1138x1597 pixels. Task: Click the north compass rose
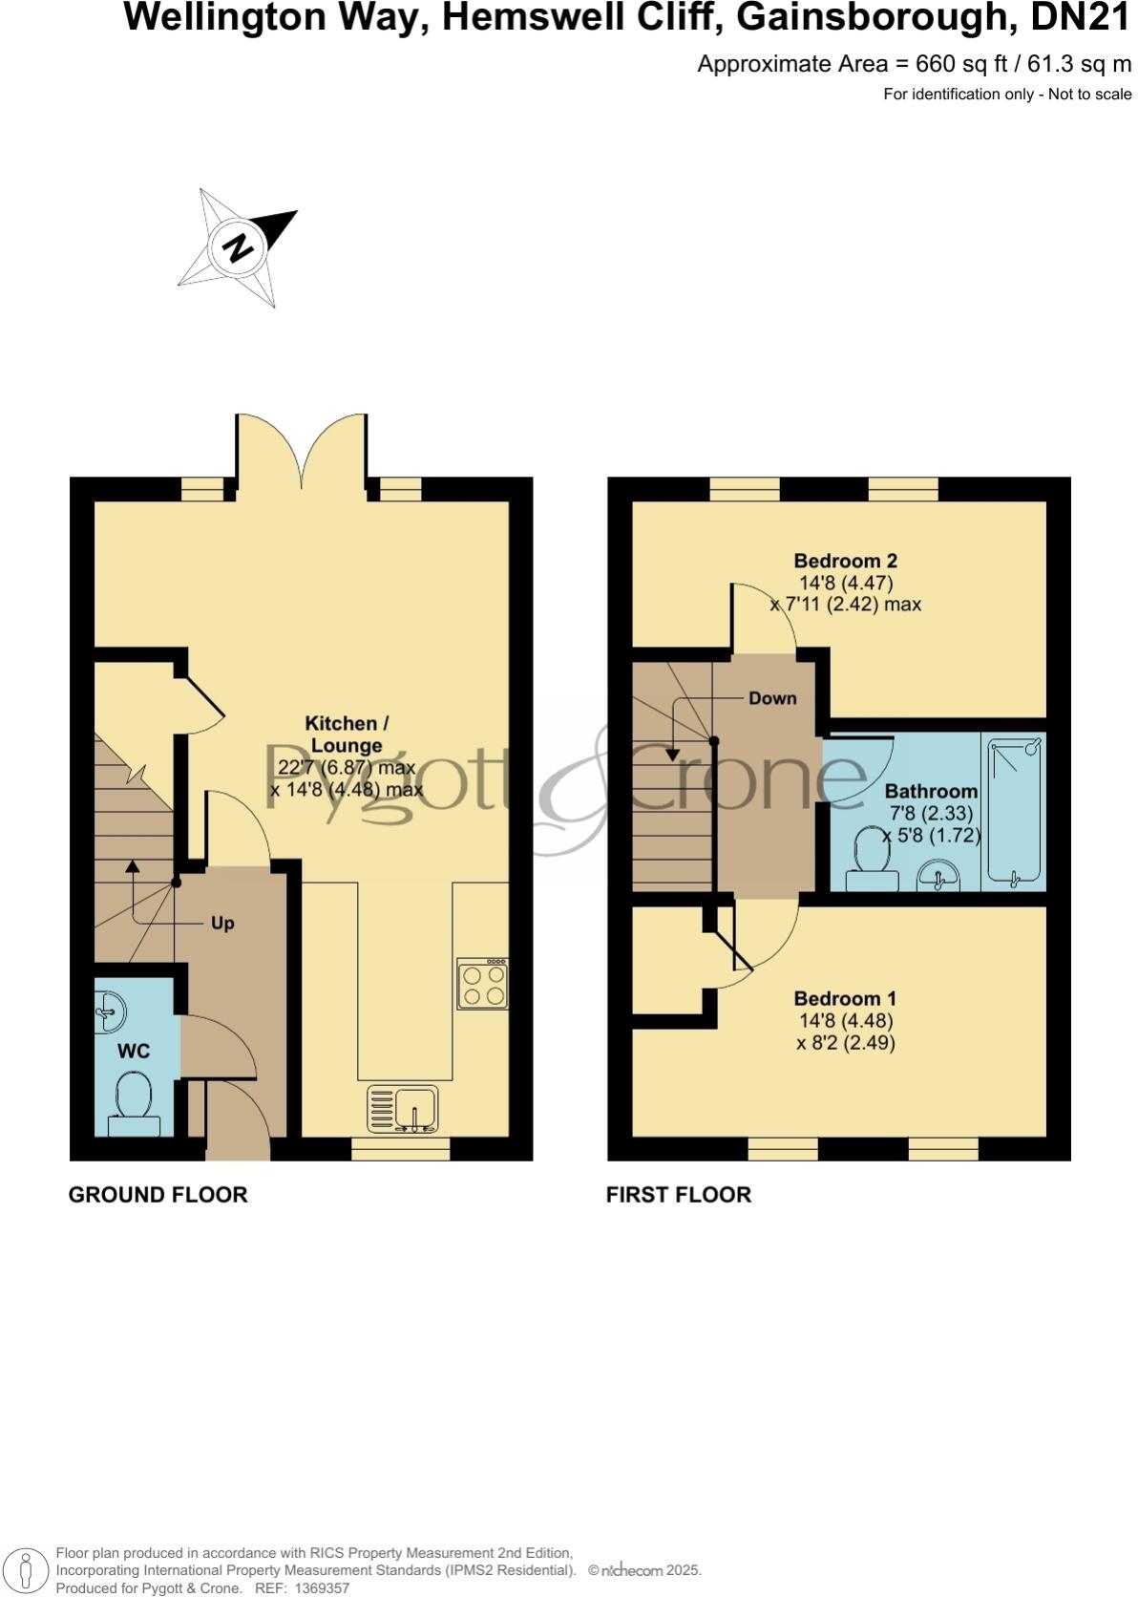coord(238,248)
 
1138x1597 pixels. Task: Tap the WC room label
coord(134,1051)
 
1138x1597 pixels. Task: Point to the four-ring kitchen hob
coord(482,985)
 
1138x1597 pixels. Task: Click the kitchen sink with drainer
coord(403,1110)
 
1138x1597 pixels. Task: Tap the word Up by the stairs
coord(222,924)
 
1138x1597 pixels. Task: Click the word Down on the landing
coord(772,698)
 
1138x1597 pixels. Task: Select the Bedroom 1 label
coord(845,999)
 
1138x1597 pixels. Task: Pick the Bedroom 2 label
coord(846,561)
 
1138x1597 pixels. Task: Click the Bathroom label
coord(931,791)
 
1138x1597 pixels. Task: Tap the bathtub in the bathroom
coord(1014,811)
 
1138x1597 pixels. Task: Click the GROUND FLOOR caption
coord(158,1195)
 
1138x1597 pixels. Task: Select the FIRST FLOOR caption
coord(678,1195)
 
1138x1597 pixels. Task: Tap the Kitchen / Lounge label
coord(347,735)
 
